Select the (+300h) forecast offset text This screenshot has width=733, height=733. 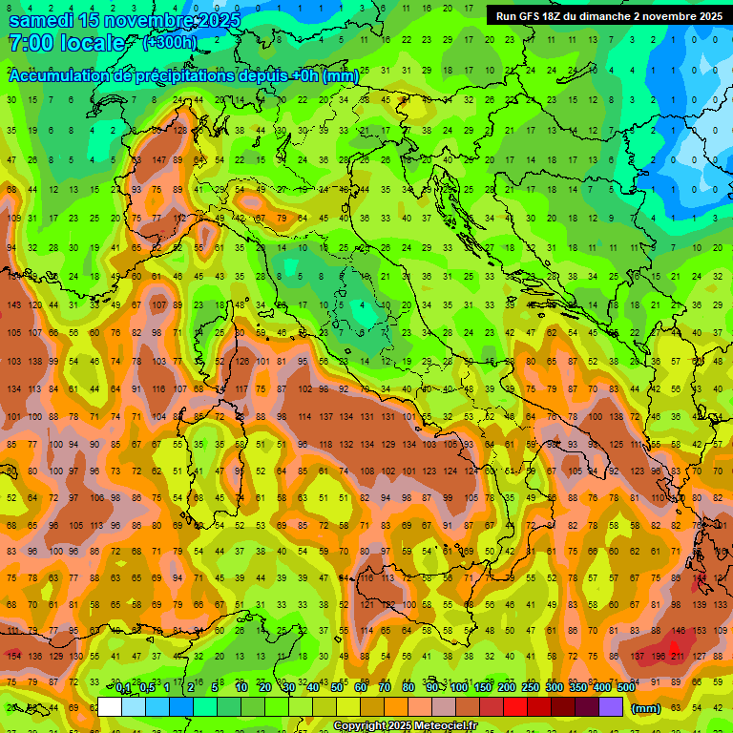[x=170, y=43]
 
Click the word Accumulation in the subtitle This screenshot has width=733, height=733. [x=61, y=76]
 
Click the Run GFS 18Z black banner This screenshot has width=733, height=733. [x=608, y=16]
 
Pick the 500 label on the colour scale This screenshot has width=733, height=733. [x=626, y=687]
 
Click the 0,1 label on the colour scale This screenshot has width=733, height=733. [x=122, y=687]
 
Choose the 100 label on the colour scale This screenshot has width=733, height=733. [x=458, y=687]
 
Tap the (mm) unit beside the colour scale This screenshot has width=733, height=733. [x=645, y=708]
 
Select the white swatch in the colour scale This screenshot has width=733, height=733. [x=110, y=707]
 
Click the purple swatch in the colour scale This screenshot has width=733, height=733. [x=611, y=707]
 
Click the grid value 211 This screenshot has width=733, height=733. [x=679, y=657]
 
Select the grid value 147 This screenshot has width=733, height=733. [x=158, y=159]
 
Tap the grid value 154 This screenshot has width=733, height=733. [x=13, y=656]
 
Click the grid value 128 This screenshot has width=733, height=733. [x=181, y=130]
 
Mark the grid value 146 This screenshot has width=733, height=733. [x=679, y=631]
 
